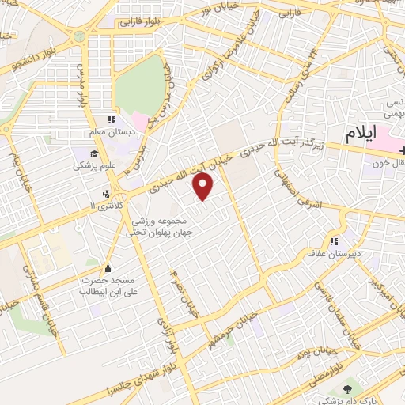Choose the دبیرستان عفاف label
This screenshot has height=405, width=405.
coord(333,253)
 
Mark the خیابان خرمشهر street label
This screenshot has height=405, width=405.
coord(233,325)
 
